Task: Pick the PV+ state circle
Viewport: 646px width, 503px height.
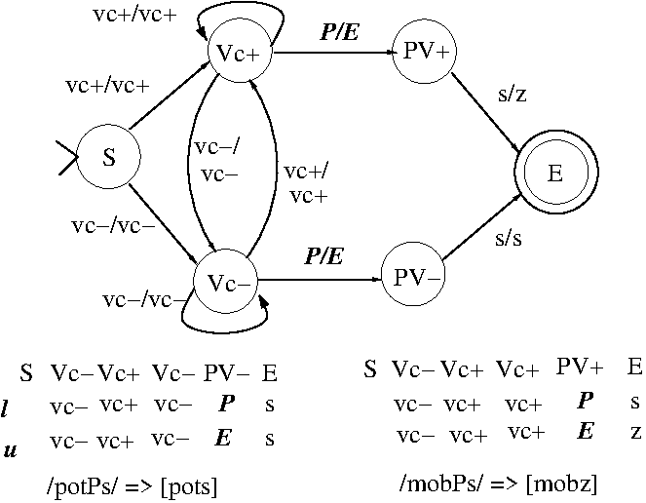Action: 424,51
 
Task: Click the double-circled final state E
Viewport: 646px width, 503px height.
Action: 554,174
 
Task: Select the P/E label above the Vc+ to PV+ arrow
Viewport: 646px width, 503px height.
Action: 339,32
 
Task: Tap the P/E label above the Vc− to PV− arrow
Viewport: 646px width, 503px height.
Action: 323,257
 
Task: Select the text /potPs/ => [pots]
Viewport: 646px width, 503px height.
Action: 132,484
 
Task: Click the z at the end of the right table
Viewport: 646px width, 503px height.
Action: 634,432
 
